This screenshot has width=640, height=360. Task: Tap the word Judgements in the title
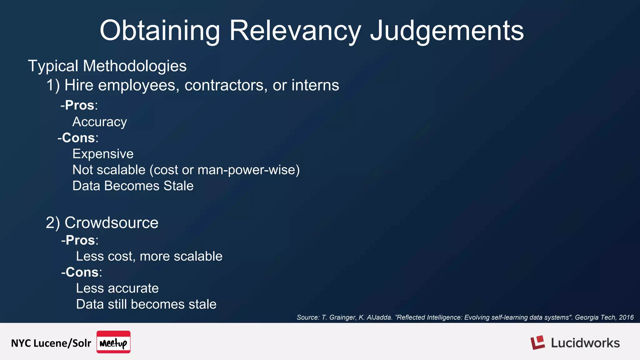(x=447, y=31)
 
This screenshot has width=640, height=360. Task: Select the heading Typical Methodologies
(x=107, y=66)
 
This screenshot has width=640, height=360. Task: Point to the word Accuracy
(x=99, y=122)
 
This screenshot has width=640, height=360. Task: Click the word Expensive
(x=103, y=154)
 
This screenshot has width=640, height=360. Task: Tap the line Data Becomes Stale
(x=133, y=186)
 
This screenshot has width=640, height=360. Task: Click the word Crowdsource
(x=111, y=222)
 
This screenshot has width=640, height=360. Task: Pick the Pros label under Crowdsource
(x=80, y=240)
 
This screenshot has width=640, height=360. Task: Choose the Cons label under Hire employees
(x=78, y=137)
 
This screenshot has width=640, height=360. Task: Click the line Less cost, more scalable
(x=149, y=256)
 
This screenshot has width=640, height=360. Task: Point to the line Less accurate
(x=117, y=288)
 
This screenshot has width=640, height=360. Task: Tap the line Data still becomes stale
(x=146, y=304)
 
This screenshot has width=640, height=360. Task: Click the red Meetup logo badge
(x=113, y=342)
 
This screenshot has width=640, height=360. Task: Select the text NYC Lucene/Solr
(x=51, y=343)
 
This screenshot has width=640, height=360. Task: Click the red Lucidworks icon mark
(x=537, y=342)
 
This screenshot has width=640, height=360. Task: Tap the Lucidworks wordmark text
(x=585, y=343)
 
